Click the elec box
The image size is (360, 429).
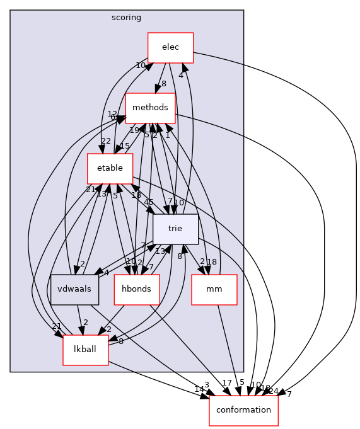(170, 47)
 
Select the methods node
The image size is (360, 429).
(150, 108)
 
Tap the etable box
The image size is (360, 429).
(110, 168)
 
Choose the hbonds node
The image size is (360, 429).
(137, 289)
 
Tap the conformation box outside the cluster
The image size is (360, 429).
(243, 409)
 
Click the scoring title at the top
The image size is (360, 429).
(127, 18)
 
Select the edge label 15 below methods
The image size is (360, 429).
(125, 146)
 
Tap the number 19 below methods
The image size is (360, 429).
(134, 130)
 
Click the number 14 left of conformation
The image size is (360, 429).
(199, 389)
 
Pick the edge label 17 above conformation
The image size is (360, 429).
(228, 382)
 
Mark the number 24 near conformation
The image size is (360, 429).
(274, 391)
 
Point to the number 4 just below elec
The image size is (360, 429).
(180, 76)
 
